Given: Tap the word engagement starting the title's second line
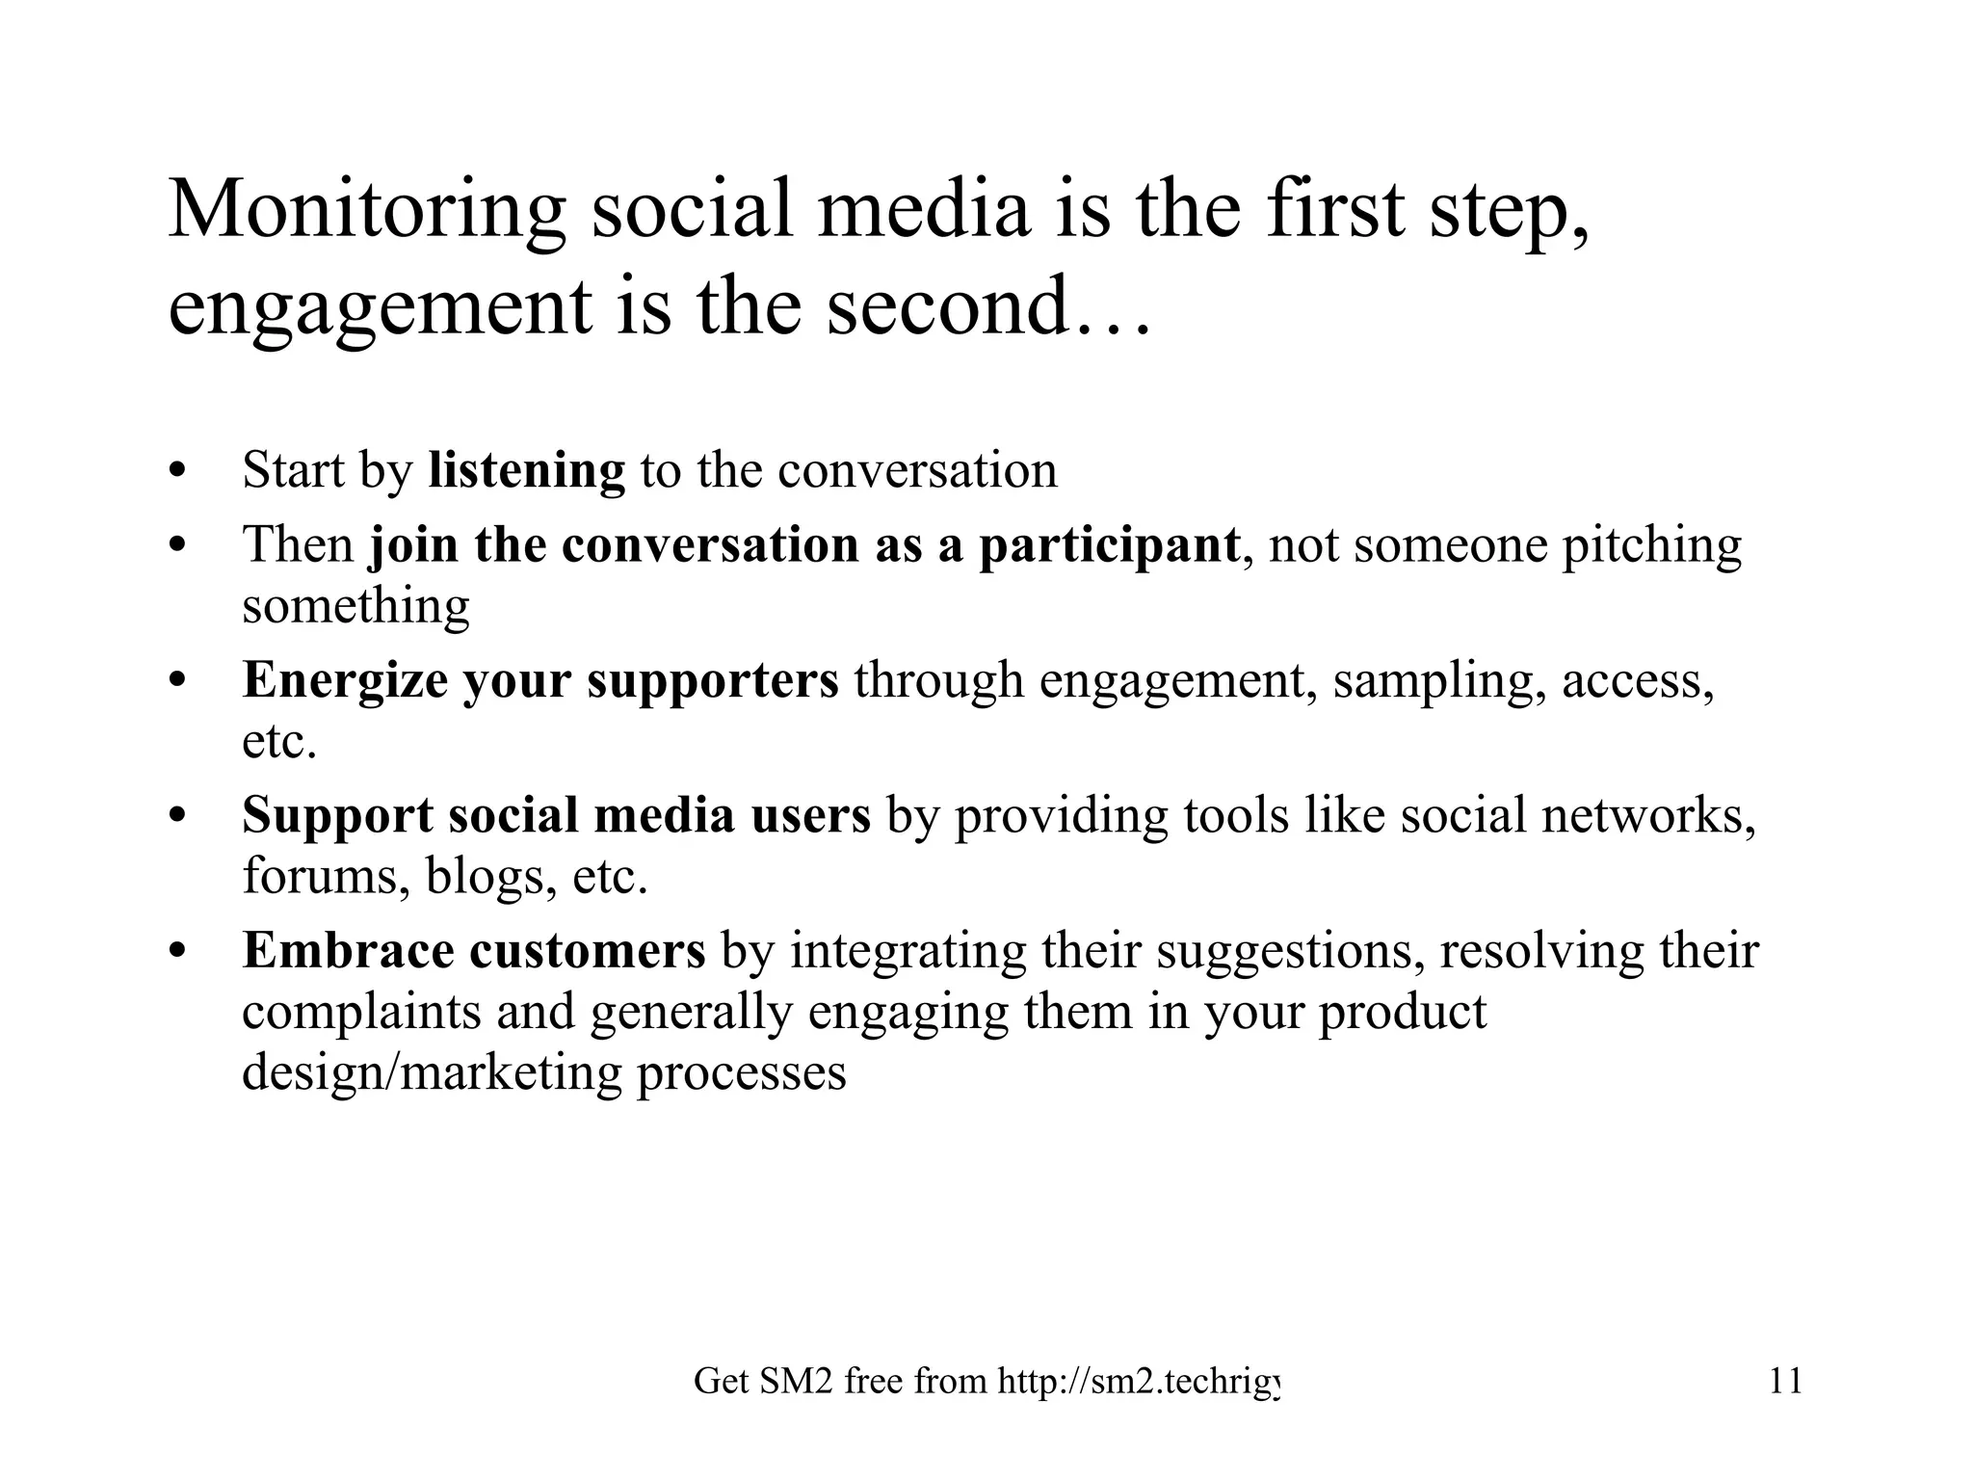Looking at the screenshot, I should point(380,307).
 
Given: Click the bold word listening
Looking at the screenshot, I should point(526,471).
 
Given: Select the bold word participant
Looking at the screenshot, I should point(1109,546).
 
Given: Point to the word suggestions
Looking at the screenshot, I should point(1290,952).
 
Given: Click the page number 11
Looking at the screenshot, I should point(1785,1382).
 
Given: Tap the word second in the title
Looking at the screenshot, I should point(947,307).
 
